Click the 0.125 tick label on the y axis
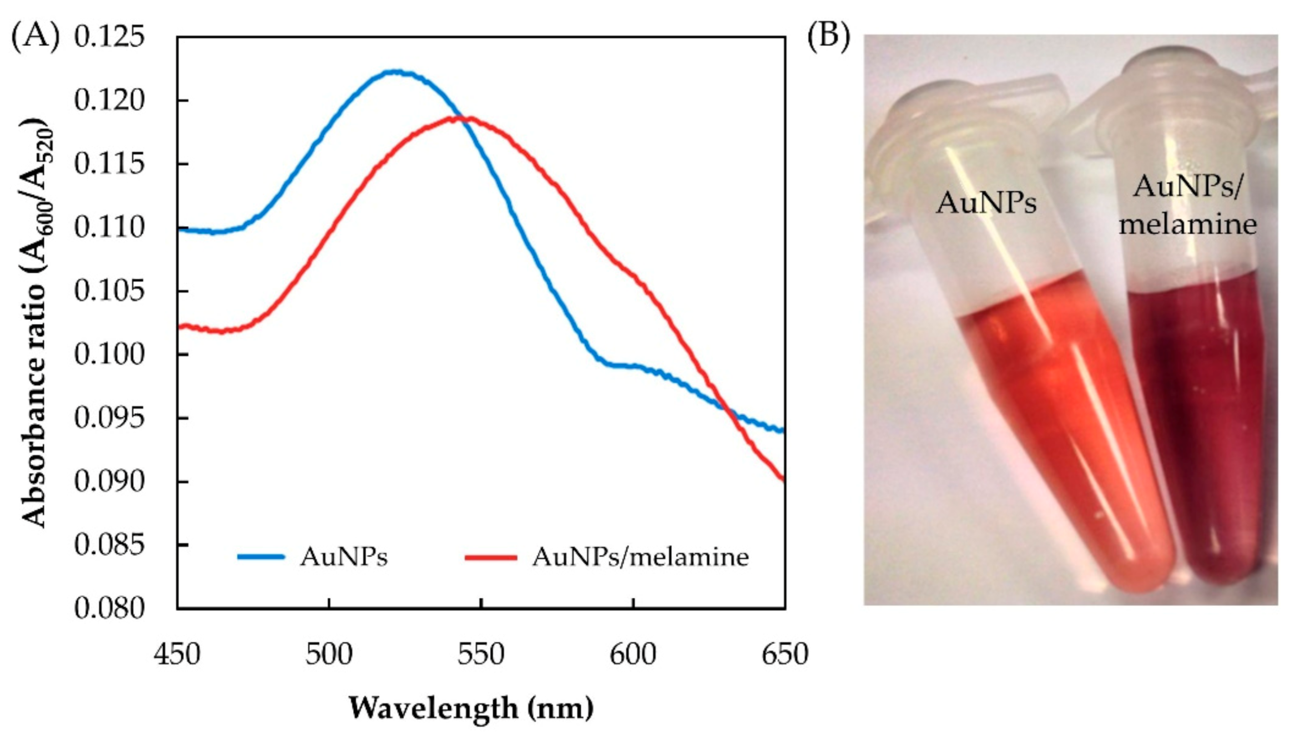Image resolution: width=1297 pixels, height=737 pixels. pyautogui.click(x=109, y=37)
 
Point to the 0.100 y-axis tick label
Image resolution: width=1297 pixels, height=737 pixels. pyautogui.click(x=109, y=355)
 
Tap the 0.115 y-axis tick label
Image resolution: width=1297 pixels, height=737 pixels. pyautogui.click(x=109, y=165)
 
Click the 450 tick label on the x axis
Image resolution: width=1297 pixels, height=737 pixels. pyautogui.click(x=177, y=655)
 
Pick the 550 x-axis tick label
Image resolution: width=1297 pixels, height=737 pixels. pyautogui.click(x=481, y=655)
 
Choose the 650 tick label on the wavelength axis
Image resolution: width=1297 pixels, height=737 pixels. pyautogui.click(x=785, y=655)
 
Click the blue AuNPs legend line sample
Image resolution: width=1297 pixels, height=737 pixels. pyautogui.click(x=261, y=557)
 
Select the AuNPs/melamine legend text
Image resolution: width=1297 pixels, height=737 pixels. pyautogui.click(x=640, y=557)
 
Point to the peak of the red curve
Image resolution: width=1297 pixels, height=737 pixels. pyautogui.click(x=463, y=118)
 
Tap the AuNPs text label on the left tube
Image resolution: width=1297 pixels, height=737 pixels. pyautogui.click(x=986, y=203)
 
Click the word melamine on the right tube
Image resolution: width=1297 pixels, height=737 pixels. pyautogui.click(x=1187, y=224)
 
